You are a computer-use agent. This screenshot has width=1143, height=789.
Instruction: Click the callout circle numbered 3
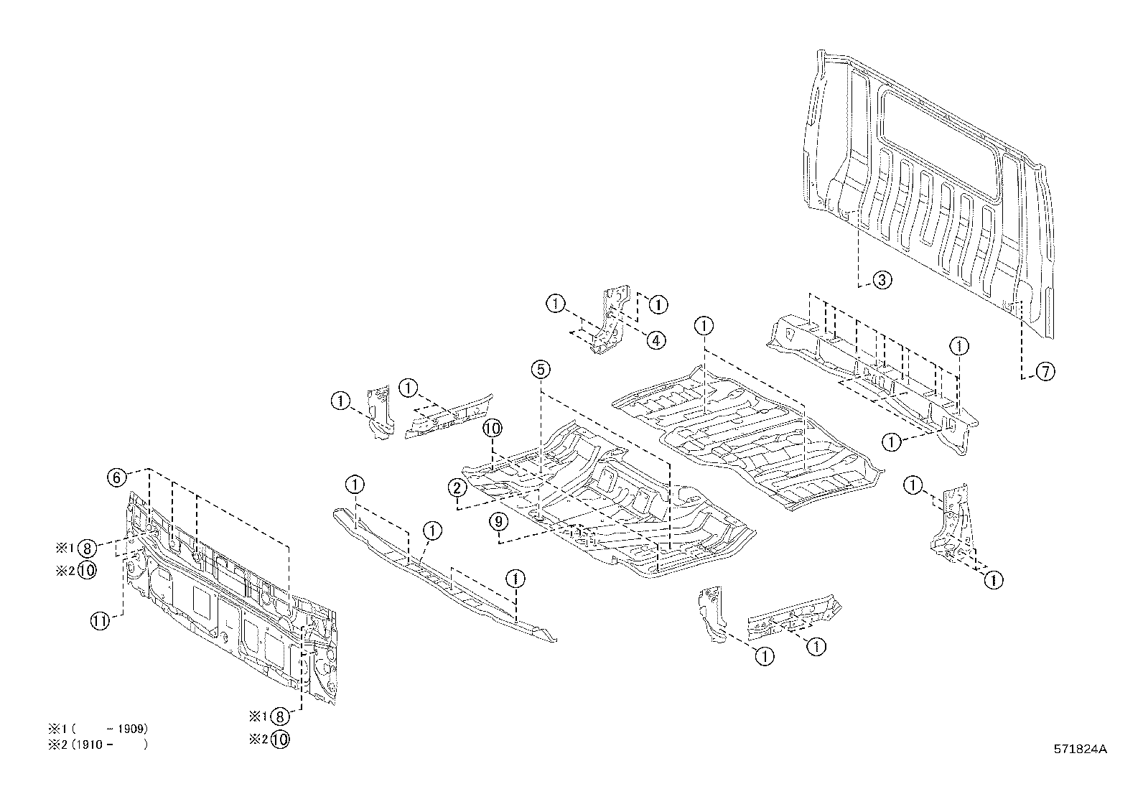(882, 280)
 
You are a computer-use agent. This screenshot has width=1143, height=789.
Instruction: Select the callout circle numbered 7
(1045, 371)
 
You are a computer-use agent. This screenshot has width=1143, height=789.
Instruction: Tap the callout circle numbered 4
(656, 340)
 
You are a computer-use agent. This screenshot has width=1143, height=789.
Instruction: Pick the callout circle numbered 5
(541, 370)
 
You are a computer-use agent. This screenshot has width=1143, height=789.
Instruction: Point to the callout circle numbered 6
(117, 477)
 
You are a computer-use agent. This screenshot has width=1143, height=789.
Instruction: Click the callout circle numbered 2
(457, 489)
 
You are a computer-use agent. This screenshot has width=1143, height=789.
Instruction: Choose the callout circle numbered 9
(499, 522)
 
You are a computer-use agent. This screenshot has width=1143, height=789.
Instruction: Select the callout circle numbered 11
(101, 621)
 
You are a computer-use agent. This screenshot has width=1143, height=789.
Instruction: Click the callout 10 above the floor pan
(492, 429)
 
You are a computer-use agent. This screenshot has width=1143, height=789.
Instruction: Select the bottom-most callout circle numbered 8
(280, 716)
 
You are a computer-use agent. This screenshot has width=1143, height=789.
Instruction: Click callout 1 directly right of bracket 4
(658, 304)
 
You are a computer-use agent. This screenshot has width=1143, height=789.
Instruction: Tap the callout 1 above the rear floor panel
(704, 326)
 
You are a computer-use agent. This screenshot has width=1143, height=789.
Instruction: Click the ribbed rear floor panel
(747, 438)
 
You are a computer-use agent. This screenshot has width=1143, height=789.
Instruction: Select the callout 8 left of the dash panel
(87, 548)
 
